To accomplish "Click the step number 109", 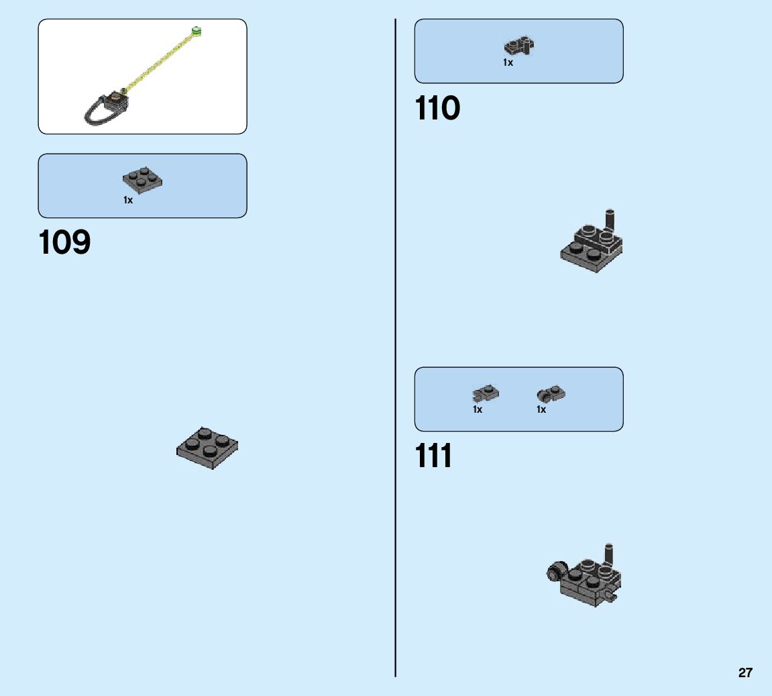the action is (65, 243).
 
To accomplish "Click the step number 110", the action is (437, 109).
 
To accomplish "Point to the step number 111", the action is (434, 456).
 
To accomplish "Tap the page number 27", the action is (745, 673).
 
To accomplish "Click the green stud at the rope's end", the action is (197, 30).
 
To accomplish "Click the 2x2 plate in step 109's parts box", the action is (143, 181).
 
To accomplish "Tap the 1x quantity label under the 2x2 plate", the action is (128, 200).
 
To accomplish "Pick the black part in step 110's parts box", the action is (518, 46).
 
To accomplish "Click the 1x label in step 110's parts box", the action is (508, 62).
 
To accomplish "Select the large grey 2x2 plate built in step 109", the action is (207, 447).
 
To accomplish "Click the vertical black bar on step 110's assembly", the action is (610, 219).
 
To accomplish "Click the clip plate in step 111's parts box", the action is (486, 393).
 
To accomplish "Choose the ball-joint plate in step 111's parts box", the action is (551, 394).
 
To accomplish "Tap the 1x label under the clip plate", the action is (478, 409).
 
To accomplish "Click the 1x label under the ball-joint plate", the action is (541, 409).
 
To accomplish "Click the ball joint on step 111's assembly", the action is (555, 572).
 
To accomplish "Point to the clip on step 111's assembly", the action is (612, 595).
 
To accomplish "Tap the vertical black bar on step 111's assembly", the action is (609, 554).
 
